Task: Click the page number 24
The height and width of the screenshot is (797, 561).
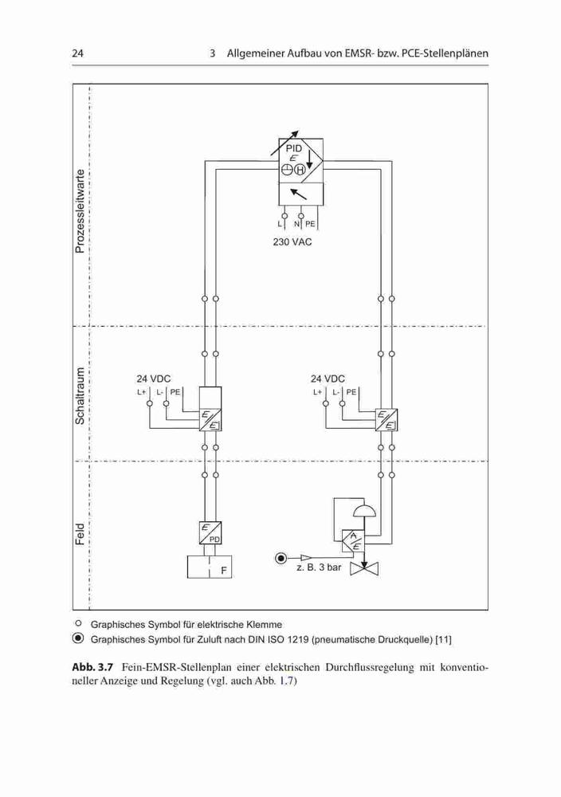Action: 78,53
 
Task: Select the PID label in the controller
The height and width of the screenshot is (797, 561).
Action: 294,148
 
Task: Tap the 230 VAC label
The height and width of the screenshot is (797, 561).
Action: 292,242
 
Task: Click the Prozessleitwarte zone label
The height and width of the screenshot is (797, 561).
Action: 80,211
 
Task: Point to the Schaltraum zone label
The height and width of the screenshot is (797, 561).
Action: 80,395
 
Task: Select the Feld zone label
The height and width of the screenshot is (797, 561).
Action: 80,534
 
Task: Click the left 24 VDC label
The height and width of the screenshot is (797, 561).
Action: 154,379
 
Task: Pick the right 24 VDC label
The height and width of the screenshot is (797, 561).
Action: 328,379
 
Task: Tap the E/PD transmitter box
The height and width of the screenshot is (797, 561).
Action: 210,532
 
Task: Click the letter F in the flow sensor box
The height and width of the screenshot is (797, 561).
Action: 224,571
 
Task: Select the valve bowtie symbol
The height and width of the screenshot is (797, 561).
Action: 364,568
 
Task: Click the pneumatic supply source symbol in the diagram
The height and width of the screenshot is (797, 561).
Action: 280,559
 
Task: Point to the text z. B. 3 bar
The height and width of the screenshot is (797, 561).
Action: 319,567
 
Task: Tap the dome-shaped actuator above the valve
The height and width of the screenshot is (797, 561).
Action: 363,511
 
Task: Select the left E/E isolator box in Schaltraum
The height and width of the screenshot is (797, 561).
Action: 210,419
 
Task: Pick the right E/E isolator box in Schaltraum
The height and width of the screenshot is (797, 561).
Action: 386,419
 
